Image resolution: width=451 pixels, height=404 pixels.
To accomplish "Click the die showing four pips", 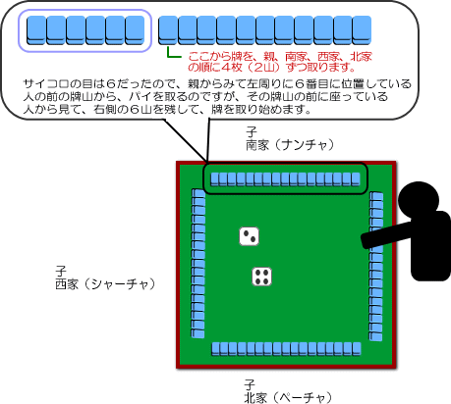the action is tap(262, 277).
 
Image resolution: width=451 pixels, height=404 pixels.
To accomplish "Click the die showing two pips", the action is tap(249, 236).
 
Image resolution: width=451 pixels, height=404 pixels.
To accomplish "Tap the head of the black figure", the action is tap(419, 199).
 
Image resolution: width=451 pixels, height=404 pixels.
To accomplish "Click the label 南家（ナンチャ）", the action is tap(290, 145).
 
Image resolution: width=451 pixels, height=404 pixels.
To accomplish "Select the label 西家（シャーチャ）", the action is tap(105, 283).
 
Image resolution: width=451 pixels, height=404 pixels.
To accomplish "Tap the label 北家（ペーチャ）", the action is tap(288, 398).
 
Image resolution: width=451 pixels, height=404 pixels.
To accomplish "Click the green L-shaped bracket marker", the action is tap(173, 53).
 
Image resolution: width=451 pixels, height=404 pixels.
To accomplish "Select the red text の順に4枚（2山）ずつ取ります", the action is tap(272, 68).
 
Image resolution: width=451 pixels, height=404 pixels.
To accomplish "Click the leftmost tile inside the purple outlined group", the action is tap(36, 30).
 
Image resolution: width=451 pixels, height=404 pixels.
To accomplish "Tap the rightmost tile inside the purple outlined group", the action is tap(135, 30).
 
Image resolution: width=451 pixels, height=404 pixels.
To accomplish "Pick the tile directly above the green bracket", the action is tap(168, 30).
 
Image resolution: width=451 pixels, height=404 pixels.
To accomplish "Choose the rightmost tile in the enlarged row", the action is tap(362, 30).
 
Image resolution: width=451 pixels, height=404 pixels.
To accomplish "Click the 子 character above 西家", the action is tap(61, 272).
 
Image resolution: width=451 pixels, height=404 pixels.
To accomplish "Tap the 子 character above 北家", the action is tap(250, 385).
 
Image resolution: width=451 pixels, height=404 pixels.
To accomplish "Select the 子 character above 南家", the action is tap(252, 132).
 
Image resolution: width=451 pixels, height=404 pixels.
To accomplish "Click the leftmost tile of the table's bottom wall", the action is tap(215, 349).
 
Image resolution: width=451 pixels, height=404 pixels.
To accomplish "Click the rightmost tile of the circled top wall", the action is tap(356, 179).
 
